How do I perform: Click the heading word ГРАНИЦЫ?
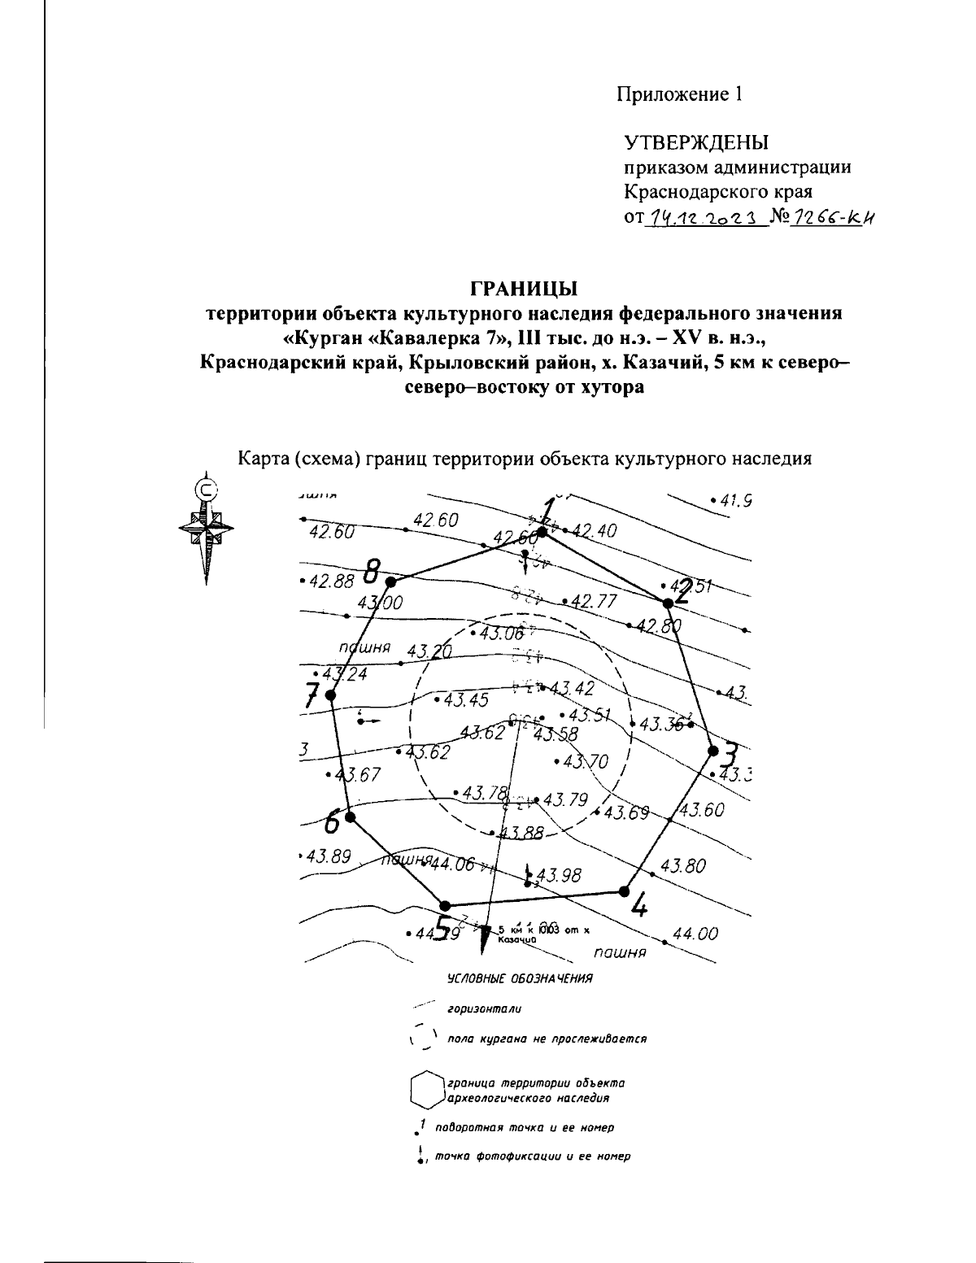click(525, 289)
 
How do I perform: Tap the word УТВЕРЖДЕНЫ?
click(696, 143)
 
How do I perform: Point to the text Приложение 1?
click(679, 94)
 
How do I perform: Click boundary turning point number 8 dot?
click(390, 581)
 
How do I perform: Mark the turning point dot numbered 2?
click(668, 603)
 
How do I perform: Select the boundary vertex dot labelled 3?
click(712, 750)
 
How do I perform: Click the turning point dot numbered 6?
click(351, 817)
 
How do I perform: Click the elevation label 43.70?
click(585, 762)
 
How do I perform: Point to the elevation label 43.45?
click(466, 700)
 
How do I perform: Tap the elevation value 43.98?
click(560, 875)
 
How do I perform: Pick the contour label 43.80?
click(682, 866)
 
